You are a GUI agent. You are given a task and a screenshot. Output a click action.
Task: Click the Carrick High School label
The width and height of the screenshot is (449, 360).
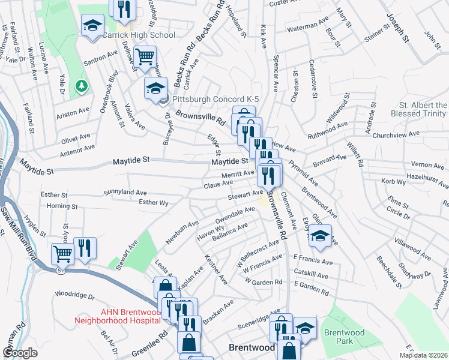pyautogui.click(x=138, y=35)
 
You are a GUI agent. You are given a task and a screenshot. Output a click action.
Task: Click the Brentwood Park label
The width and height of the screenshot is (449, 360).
pyautogui.click(x=340, y=337)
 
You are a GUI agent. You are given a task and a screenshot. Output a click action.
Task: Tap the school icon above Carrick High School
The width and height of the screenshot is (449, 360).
pyautogui.click(x=92, y=26)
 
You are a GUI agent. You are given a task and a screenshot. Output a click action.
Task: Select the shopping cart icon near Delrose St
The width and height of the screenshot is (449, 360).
pyautogui.click(x=145, y=57)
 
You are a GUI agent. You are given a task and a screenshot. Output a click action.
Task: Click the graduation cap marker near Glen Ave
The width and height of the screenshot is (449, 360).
pyautogui.click(x=321, y=236)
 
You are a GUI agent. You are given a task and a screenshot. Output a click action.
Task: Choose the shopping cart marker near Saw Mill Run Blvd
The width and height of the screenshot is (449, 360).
pyautogui.click(x=62, y=253)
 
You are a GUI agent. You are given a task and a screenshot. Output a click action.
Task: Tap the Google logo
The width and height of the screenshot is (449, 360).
pyautogui.click(x=20, y=353)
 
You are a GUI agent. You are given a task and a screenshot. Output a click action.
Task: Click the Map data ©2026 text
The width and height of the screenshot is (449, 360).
pyautogui.click(x=423, y=355)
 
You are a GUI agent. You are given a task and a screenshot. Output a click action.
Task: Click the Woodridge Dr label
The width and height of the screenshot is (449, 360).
pyautogui.click(x=74, y=295)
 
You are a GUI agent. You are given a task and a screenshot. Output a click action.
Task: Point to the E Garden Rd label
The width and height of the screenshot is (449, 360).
pyautogui.click(x=311, y=291)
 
